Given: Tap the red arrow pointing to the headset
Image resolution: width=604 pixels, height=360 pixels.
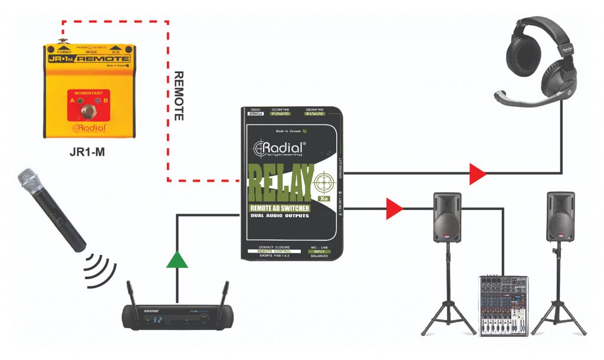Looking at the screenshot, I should tap(477, 174).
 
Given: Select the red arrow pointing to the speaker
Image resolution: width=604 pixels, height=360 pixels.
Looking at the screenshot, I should tap(395, 208).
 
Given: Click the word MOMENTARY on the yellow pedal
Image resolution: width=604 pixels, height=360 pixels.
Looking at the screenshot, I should tap(88, 93).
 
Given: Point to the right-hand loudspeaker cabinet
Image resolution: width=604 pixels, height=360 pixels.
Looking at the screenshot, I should tap(560, 216).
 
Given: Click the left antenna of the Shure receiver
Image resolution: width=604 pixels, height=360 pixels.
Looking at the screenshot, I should tap(130, 294).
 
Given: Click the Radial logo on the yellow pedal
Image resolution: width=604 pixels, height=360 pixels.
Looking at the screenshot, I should tap(89, 128).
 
